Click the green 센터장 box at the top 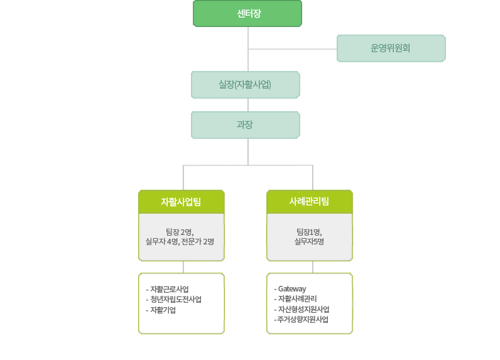(247, 14)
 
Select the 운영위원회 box (391, 48)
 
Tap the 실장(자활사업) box (245, 84)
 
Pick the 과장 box (245, 124)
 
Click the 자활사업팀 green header (181, 202)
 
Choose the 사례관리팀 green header (309, 202)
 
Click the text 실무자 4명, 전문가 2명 (180, 241)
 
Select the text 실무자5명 (309, 241)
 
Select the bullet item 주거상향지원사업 (303, 319)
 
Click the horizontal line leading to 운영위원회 (293, 48)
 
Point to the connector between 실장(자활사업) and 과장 (248, 105)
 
